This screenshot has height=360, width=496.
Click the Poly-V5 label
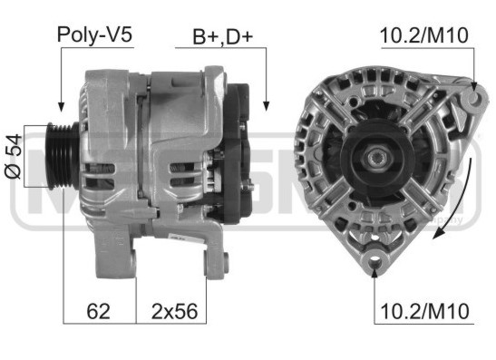94,34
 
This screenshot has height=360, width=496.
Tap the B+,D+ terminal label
223,37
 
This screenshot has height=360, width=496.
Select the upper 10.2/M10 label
423,35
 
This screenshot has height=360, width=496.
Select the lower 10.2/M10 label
424,311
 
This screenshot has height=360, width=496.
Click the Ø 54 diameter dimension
14,157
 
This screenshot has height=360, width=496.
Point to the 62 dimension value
98,311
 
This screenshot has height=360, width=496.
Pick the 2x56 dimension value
175,311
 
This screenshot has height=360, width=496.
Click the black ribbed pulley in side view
63,156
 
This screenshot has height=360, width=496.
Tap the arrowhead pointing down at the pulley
61,107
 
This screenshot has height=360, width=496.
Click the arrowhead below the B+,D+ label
266,106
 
